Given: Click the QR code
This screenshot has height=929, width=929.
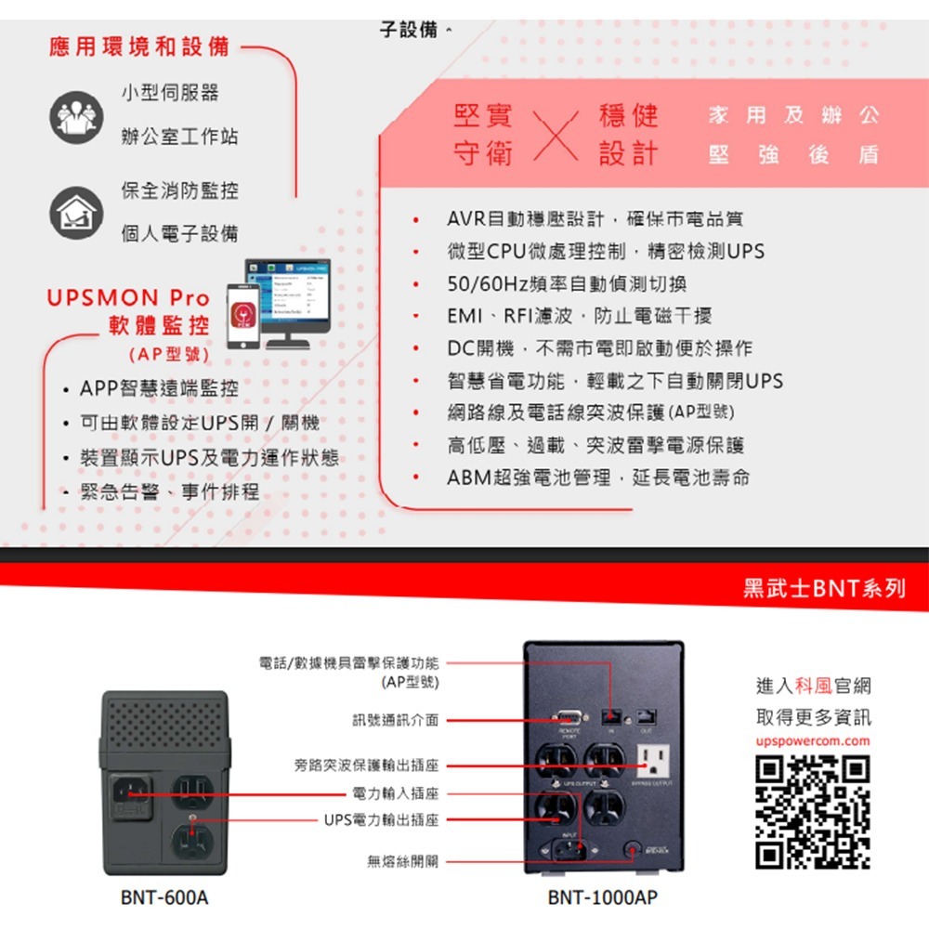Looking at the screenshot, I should (813, 813).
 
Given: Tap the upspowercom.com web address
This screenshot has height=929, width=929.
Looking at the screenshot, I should (813, 741).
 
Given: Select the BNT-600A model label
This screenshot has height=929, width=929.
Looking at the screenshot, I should (164, 898).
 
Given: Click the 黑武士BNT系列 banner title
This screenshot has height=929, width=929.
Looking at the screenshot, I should (823, 589).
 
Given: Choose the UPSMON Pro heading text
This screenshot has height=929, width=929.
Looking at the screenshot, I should (128, 298).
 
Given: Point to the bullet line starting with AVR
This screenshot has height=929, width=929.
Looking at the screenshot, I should (595, 219).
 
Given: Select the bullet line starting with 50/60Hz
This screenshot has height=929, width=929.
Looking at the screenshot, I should (567, 283).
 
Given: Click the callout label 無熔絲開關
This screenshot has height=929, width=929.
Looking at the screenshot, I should (402, 861).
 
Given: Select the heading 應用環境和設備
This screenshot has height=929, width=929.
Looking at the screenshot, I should (141, 47).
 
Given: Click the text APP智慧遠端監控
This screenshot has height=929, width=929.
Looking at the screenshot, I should (159, 387).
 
